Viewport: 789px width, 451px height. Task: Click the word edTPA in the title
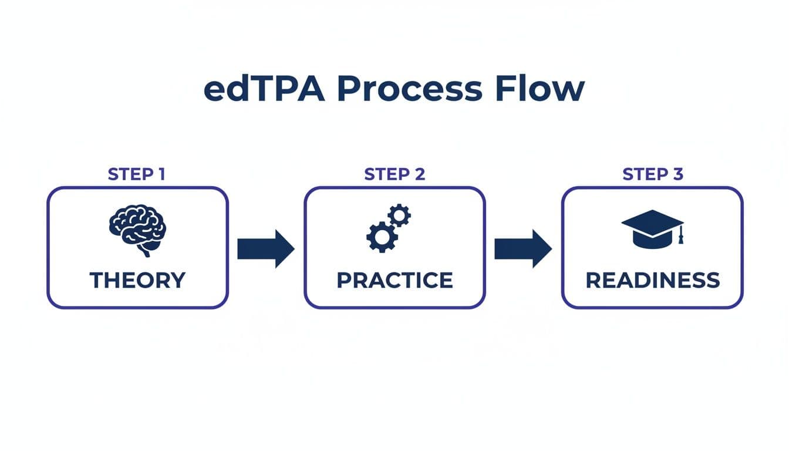(264, 89)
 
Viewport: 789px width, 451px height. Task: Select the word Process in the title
(409, 89)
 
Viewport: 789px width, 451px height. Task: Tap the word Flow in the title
(540, 89)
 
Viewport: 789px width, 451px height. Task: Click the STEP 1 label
(137, 174)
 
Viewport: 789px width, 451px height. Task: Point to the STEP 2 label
(394, 174)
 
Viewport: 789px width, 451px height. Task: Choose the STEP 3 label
(652, 174)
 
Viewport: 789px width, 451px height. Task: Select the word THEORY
(137, 280)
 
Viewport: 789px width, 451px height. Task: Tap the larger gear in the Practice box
(382, 236)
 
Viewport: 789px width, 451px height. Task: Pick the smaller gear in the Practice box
(400, 216)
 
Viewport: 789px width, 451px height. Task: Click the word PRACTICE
(394, 280)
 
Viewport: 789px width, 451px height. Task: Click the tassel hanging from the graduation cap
(681, 237)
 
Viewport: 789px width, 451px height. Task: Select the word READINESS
(652, 280)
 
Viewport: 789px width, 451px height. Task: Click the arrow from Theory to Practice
(265, 249)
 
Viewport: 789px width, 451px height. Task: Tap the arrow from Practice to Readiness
(522, 249)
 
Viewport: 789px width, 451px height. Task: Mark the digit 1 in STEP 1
(163, 174)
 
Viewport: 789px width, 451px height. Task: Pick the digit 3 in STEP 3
(678, 174)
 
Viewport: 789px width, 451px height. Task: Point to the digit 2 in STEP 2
(420, 174)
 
